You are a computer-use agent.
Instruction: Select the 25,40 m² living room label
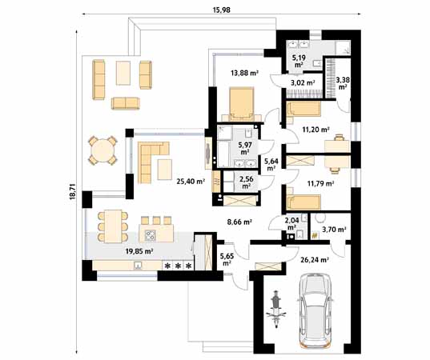click(x=190, y=182)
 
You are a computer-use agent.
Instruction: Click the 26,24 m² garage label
click(x=313, y=258)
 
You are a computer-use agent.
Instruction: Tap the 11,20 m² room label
click(x=317, y=127)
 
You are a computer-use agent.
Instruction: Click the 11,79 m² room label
click(x=318, y=183)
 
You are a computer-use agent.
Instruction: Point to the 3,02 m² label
click(x=302, y=82)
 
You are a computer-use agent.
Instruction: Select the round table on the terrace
click(x=102, y=150)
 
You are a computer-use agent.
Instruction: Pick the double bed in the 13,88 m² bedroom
click(x=240, y=104)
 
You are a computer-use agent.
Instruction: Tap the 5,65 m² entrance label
click(x=226, y=258)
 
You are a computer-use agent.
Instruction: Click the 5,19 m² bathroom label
click(x=297, y=61)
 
